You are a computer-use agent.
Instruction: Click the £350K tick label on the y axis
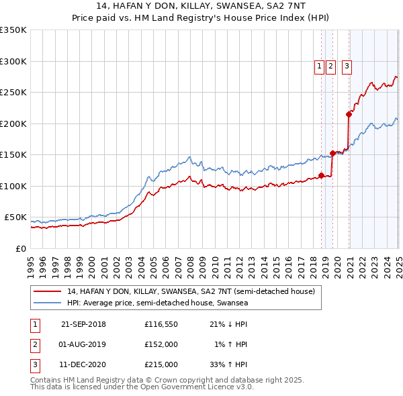[13, 30]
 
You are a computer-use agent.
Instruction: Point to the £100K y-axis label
[13, 186]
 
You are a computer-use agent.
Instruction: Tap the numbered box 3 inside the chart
[347, 66]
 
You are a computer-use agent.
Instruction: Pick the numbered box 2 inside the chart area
[330, 66]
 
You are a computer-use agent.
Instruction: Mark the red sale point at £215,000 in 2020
[349, 114]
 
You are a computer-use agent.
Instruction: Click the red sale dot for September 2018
[321, 176]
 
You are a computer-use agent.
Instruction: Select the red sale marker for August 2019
[332, 154]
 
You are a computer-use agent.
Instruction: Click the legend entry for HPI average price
[157, 303]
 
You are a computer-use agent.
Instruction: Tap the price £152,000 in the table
[161, 344]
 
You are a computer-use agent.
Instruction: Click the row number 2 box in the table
[34, 344]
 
